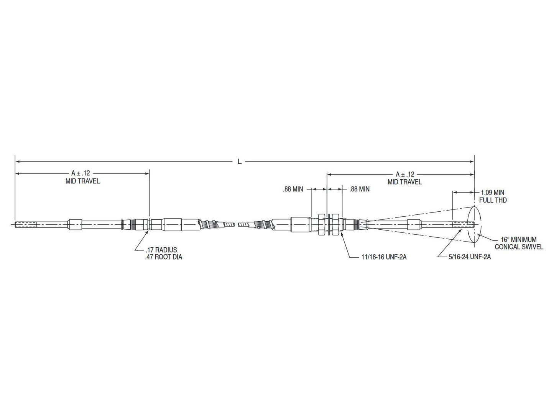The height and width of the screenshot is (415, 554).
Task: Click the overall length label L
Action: tap(239, 162)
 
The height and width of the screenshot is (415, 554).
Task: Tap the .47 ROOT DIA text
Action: tap(164, 257)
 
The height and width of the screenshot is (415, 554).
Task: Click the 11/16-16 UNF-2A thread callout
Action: tap(384, 257)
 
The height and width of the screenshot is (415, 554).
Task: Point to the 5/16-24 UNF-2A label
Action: tap(470, 257)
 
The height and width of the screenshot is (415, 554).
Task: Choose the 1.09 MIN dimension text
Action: tap(492, 193)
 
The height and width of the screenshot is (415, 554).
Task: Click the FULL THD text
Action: tap(493, 200)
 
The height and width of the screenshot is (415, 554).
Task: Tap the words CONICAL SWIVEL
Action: tap(519, 247)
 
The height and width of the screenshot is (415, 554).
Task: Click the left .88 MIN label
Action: tap(293, 189)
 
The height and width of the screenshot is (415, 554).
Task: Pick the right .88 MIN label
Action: tap(360, 189)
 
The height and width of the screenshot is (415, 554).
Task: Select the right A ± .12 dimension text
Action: tap(405, 174)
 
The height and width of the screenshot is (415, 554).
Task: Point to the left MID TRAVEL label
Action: tap(82, 181)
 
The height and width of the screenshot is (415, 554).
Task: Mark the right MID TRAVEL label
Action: tap(405, 182)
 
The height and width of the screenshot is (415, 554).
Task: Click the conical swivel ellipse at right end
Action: tap(475, 225)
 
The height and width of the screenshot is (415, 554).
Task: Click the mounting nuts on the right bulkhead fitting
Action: tap(327, 224)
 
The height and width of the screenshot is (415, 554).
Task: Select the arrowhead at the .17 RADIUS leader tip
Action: tap(148, 231)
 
